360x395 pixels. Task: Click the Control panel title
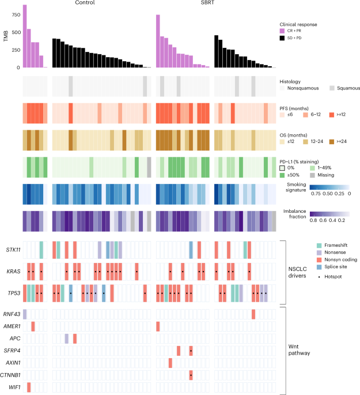(x=85, y=3)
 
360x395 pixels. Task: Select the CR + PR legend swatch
(x=282, y=31)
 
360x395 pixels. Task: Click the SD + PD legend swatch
(x=282, y=37)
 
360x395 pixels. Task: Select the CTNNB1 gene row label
(x=11, y=375)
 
